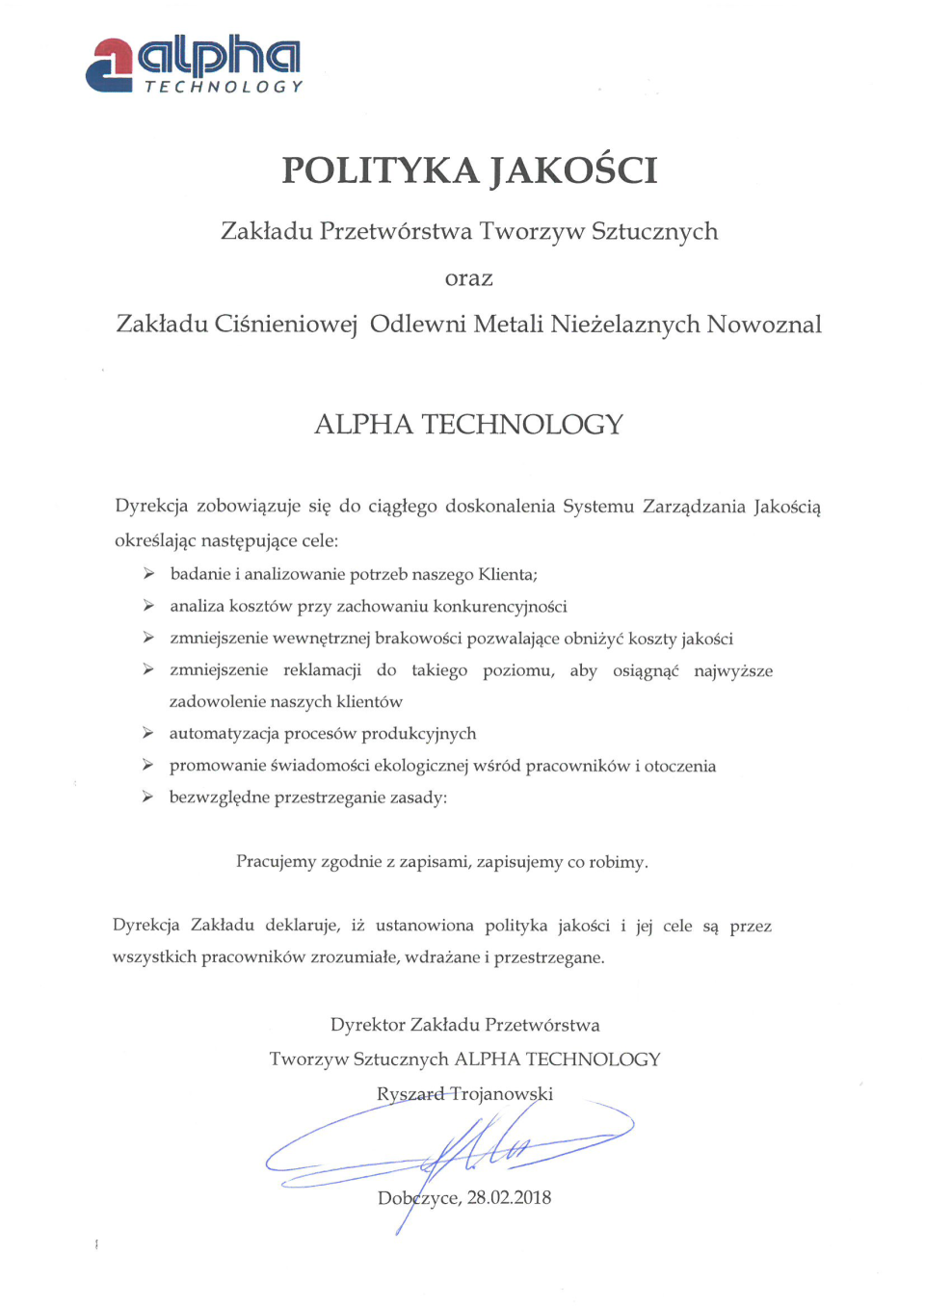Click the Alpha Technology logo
(194, 65)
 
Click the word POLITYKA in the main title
(380, 170)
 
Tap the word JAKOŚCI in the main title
(574, 170)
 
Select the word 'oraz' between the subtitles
(468, 279)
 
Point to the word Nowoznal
(764, 325)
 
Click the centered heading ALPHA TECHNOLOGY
(468, 425)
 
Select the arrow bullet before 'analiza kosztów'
(148, 606)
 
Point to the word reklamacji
(322, 670)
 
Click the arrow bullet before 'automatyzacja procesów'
(148, 733)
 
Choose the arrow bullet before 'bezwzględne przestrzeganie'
(147, 797)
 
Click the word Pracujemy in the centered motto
(276, 862)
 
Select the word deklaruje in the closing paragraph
(302, 926)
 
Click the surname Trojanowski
(501, 1094)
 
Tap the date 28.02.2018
(509, 1198)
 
